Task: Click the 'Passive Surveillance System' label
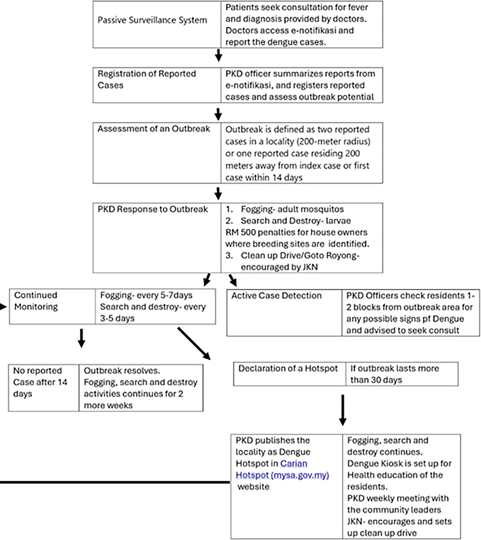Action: [152, 20]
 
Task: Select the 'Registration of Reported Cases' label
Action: [147, 79]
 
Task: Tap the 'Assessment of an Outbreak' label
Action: [154, 129]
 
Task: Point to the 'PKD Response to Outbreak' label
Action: [153, 209]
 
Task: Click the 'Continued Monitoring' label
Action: [36, 301]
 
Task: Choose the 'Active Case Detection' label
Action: [276, 296]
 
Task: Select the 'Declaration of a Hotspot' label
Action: [288, 368]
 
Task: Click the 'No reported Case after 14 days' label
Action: [40, 382]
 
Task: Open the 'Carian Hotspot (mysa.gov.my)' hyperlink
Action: [282, 469]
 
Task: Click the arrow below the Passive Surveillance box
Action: [218, 55]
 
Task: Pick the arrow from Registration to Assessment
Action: [218, 114]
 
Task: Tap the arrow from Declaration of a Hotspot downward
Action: [343, 410]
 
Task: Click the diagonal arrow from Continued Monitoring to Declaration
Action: [194, 344]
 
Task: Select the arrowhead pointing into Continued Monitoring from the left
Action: [3, 307]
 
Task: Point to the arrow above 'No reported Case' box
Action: [81, 338]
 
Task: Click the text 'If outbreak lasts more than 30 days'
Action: [395, 374]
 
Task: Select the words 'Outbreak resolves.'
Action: [122, 371]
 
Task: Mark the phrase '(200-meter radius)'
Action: [333, 142]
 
